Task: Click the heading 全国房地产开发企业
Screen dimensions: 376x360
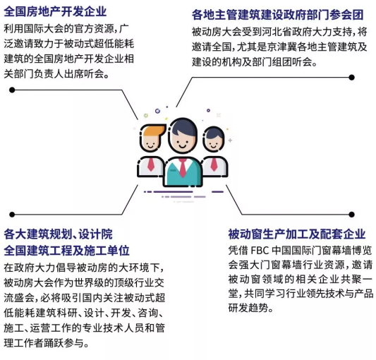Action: (x=55, y=11)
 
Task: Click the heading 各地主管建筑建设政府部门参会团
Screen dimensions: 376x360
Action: (x=278, y=15)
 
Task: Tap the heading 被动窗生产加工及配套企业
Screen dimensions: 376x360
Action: (x=297, y=234)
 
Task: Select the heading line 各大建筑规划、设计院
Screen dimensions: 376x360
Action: (x=59, y=234)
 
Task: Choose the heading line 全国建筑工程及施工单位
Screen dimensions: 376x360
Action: (x=66, y=251)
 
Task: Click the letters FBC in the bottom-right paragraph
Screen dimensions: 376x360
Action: (x=260, y=251)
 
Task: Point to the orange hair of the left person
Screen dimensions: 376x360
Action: (x=154, y=131)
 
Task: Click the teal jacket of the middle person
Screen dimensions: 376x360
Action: (x=183, y=173)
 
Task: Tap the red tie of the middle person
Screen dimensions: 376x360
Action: (x=183, y=167)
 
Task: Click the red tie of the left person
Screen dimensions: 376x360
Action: (x=151, y=164)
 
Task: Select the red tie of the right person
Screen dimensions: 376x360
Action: (x=214, y=164)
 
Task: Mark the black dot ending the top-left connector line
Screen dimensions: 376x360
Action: (x=12, y=90)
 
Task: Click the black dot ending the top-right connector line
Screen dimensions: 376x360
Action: (x=351, y=77)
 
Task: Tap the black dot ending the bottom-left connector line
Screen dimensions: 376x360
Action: (x=12, y=215)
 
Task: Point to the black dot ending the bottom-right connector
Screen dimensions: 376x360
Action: (x=351, y=215)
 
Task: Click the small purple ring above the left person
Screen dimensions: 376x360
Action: (x=157, y=111)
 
